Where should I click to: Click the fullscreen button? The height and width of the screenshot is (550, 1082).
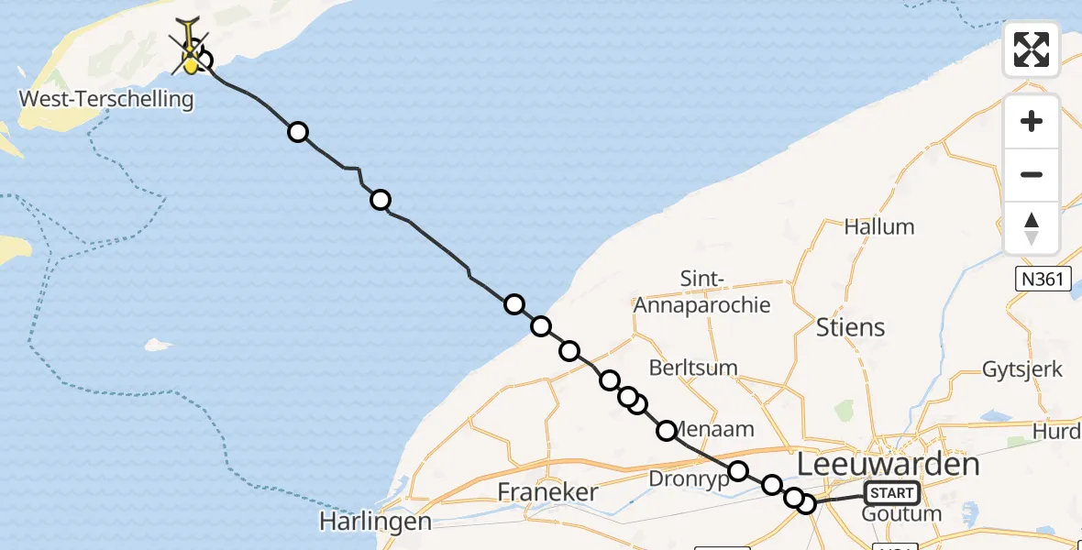coord(1032,49)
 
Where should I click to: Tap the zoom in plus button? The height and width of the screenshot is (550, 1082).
coord(1032,122)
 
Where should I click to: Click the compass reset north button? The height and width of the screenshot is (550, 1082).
coord(1032,228)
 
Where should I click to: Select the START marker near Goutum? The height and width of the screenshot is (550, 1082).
coord(891,493)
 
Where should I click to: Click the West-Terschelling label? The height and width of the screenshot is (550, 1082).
coord(106,99)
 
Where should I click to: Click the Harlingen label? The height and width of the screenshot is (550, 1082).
coord(375,522)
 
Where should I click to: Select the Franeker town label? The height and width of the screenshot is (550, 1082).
coord(547,492)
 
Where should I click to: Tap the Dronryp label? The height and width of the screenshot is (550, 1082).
coord(688,478)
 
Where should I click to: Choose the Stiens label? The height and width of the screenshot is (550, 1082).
coord(850,327)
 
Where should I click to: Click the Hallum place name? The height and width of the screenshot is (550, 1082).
coord(878,226)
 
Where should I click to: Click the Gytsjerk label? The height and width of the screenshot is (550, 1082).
coord(1022,369)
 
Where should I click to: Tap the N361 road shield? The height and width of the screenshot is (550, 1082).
coord(1043,279)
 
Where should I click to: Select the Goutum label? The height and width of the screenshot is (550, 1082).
coord(901,514)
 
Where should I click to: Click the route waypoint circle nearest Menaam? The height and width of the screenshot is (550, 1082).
coord(667,430)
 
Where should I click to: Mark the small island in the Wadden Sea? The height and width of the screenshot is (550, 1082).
coord(159,346)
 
